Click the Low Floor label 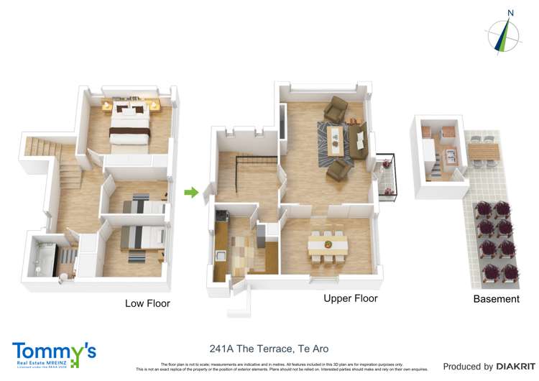[x=147, y=303]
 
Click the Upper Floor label [x=350, y=298]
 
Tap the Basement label [x=496, y=299]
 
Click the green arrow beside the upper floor [x=190, y=192]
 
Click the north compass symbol [x=505, y=33]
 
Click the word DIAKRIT [x=515, y=367]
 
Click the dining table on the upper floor [x=328, y=245]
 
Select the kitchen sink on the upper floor [x=220, y=255]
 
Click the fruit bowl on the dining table [x=327, y=244]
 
